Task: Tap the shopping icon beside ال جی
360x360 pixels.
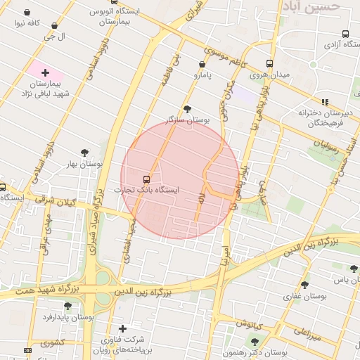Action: tap(55, 26)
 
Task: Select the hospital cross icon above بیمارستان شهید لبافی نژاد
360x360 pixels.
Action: tap(46, 72)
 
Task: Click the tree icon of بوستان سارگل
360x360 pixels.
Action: tap(187, 109)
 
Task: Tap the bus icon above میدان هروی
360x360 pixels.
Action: tap(269, 63)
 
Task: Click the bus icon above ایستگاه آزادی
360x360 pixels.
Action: tap(345, 34)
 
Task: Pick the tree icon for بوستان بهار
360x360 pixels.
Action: tap(85, 153)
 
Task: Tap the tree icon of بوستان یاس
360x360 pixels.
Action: tap(354, 269)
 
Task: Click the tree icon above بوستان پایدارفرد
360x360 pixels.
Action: tap(67, 306)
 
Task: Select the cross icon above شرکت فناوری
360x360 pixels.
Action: tap(122, 328)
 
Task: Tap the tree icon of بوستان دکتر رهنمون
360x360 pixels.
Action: tap(255, 342)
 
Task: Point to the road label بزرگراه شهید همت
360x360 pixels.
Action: tap(56, 290)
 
